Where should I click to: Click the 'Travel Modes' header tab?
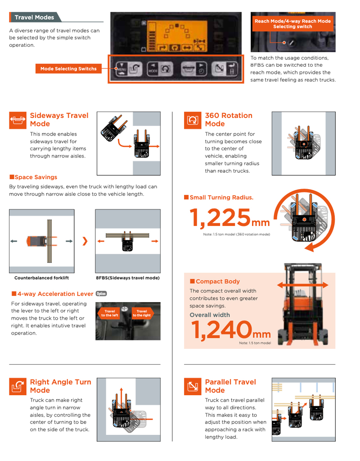[x=34, y=18]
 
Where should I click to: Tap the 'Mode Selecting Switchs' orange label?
[x=68, y=69]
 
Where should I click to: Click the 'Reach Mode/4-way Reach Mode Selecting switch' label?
[x=292, y=24]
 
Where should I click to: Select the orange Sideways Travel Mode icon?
[x=18, y=120]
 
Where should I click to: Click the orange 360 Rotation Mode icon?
[x=193, y=120]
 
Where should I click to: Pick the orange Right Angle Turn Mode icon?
[x=18, y=386]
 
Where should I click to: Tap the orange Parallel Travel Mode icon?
[x=193, y=386]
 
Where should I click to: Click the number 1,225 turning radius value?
[x=220, y=218]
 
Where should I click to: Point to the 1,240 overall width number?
[x=220, y=330]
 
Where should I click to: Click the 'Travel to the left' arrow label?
[x=109, y=313]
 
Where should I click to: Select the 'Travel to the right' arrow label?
[x=142, y=313]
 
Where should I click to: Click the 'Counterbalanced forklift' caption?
[x=41, y=278]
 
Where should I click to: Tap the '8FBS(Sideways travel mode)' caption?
[x=128, y=278]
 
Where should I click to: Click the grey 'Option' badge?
[x=101, y=294]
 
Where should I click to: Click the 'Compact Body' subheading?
[x=217, y=281]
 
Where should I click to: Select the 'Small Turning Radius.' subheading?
[x=221, y=198]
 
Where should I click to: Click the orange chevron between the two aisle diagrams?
[x=85, y=241]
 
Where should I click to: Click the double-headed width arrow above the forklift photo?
[x=302, y=285]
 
